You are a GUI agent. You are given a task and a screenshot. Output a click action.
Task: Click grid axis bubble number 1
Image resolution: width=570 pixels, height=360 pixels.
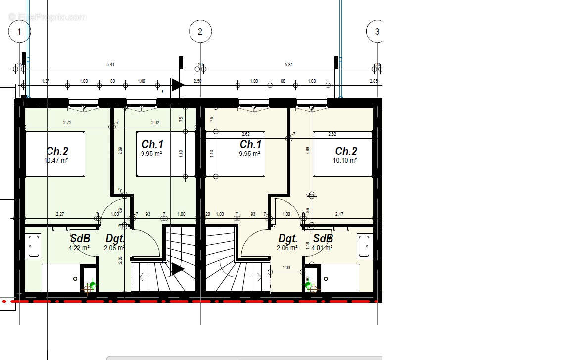[x=19, y=32]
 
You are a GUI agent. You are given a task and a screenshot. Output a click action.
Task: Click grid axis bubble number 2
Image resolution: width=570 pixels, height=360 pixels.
[x=200, y=32]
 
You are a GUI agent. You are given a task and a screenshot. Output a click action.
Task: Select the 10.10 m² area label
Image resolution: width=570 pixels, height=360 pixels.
[x=346, y=160]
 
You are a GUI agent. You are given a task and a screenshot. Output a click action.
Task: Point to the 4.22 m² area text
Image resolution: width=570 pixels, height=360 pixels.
[x=79, y=248]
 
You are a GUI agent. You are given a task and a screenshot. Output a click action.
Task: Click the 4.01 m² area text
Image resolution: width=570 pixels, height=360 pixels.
[x=322, y=248]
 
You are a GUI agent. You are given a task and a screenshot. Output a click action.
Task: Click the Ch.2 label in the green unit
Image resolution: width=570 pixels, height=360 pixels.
[x=57, y=151]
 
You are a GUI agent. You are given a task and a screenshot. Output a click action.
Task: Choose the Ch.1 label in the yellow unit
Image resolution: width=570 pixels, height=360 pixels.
[x=250, y=144]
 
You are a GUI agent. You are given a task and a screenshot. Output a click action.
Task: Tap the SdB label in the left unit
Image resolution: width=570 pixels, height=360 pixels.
[x=80, y=238]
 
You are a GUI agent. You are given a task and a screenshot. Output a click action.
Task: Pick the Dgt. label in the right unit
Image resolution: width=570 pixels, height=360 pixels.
[x=287, y=238]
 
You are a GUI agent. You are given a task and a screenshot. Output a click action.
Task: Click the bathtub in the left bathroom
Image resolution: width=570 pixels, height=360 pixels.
[x=34, y=246]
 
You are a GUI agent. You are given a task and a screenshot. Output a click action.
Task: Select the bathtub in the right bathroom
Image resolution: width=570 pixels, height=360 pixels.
[x=364, y=246]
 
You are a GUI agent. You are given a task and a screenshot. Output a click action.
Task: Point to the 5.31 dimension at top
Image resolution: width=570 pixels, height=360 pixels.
[x=288, y=65]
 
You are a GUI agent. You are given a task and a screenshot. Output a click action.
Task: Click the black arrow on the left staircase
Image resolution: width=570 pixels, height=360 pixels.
[x=177, y=269]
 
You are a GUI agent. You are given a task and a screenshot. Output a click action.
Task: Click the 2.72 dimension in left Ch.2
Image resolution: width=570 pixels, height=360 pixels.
[x=67, y=122]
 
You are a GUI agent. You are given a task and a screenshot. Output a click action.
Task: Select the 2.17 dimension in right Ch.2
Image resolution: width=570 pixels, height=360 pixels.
[x=339, y=214]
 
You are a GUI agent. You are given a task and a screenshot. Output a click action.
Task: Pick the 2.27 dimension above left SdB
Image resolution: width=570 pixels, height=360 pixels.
[x=59, y=214]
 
